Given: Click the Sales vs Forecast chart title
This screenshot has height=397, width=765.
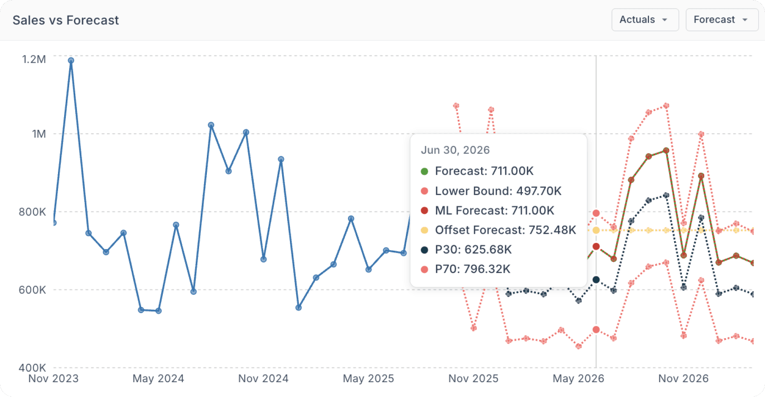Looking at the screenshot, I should (66, 20).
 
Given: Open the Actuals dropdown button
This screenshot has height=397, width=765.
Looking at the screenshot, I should (644, 20).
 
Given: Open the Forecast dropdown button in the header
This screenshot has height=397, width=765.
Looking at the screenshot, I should (721, 20).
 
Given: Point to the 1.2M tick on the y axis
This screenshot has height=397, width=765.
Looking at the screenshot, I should (34, 59).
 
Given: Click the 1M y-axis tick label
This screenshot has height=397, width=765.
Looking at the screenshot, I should (39, 134).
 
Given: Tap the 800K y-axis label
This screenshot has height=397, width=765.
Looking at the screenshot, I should (32, 212).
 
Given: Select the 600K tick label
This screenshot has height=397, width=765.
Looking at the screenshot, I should (32, 290).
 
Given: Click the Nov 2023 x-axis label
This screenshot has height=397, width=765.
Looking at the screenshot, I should (53, 379).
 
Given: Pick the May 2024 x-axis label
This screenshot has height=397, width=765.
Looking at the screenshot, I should (158, 379).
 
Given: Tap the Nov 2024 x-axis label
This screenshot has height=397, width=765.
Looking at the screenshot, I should (263, 379).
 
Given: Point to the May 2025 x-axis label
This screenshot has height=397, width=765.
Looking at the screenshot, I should (369, 379).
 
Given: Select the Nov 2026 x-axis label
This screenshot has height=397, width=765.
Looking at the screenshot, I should (683, 379).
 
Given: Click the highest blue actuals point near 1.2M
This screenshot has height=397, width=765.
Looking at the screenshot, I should (71, 60).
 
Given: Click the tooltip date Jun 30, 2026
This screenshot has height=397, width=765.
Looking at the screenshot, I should (455, 150).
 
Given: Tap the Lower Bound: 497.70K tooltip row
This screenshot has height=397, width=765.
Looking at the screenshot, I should (498, 191).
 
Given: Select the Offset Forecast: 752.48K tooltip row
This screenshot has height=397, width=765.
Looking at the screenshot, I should (505, 230).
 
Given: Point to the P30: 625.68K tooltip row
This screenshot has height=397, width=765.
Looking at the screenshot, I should (473, 249).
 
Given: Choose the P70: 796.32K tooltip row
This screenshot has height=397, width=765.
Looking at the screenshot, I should (473, 269).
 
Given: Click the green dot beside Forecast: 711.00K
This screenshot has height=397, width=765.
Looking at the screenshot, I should (424, 171).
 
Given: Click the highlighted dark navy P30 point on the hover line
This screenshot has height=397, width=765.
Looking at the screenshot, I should (596, 280).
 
